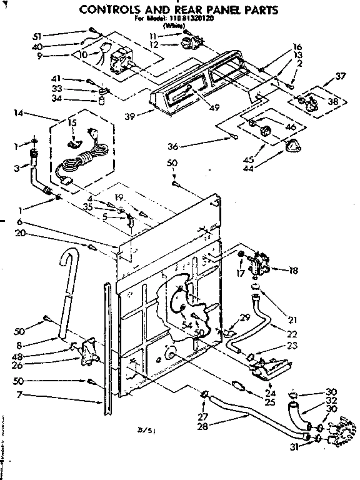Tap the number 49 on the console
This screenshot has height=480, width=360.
214,107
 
